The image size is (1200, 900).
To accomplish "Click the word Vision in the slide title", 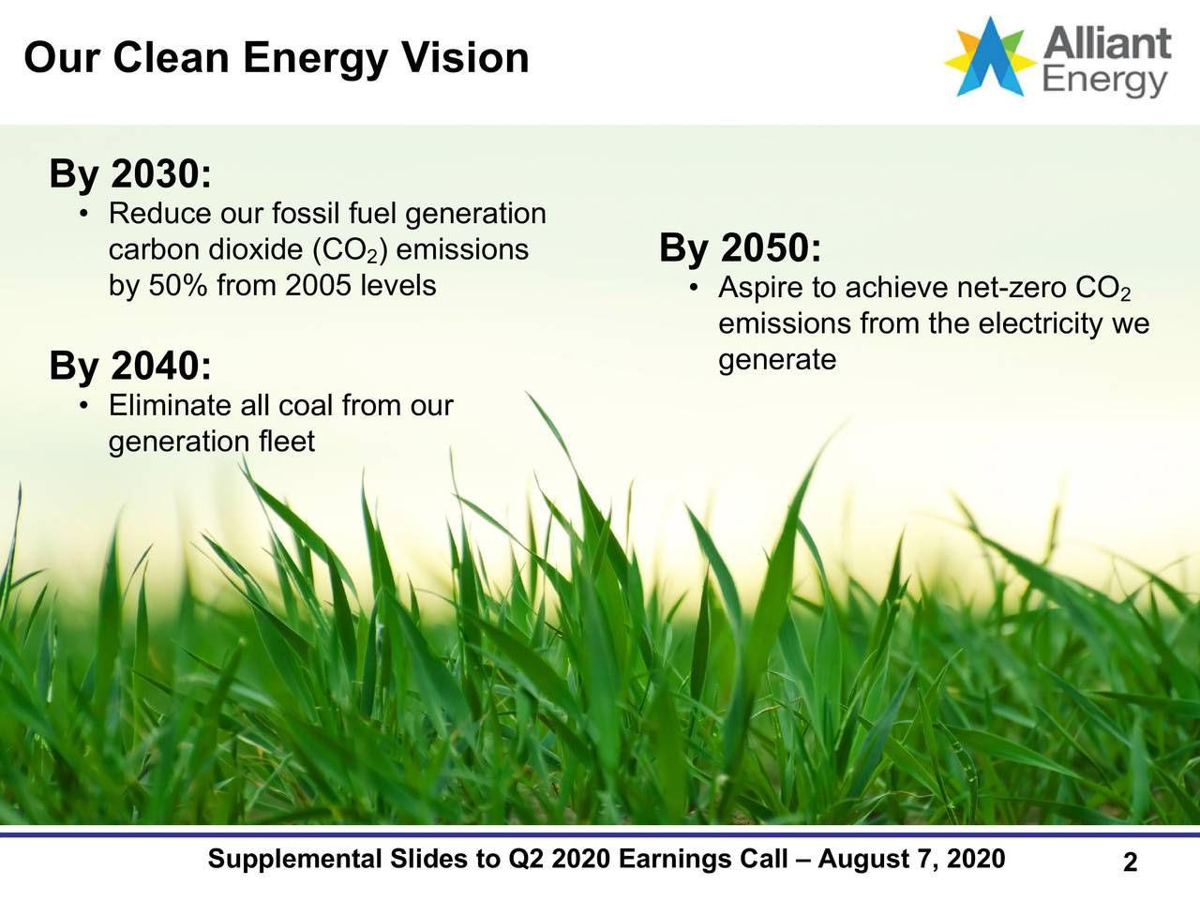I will coord(465,58).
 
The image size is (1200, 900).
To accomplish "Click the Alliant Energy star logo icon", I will coord(990,56).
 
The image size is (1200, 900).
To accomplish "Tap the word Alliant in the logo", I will coord(1107,43).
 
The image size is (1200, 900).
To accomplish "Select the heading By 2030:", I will coord(130,174).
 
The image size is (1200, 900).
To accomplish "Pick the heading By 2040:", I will coord(130,366).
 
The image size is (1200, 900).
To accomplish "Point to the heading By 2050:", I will coord(741,248).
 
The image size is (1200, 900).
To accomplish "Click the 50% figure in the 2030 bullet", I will coord(178,285).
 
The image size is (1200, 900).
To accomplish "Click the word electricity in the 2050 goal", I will coord(1042,324).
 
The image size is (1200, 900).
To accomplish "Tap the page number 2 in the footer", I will coord(1130,862).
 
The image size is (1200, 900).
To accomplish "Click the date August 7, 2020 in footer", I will coord(911,859).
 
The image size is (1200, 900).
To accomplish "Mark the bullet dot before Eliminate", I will coord(84,406).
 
